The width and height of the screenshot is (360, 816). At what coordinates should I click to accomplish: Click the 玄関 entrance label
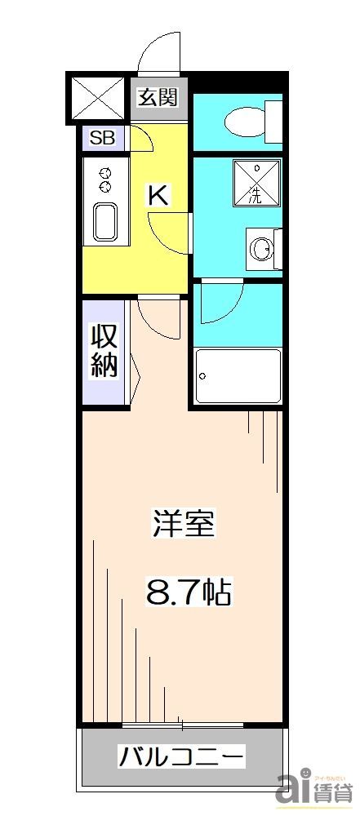click(x=158, y=98)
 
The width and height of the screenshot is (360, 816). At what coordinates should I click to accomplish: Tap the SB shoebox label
click(x=102, y=137)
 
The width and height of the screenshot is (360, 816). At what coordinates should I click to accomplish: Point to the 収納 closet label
click(x=104, y=350)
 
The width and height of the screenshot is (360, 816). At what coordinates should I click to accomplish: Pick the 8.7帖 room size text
click(x=189, y=592)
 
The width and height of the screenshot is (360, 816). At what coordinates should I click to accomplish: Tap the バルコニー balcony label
click(x=181, y=756)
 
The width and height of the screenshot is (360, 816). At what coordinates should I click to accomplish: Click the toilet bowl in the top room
click(x=245, y=122)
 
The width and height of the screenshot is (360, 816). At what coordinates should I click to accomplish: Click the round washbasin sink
click(x=262, y=247)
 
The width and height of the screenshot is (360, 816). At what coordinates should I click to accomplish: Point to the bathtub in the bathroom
click(x=238, y=375)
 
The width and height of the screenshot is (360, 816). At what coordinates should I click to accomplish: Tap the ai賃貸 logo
click(x=313, y=787)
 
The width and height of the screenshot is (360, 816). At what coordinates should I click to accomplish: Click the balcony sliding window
click(x=182, y=725)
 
